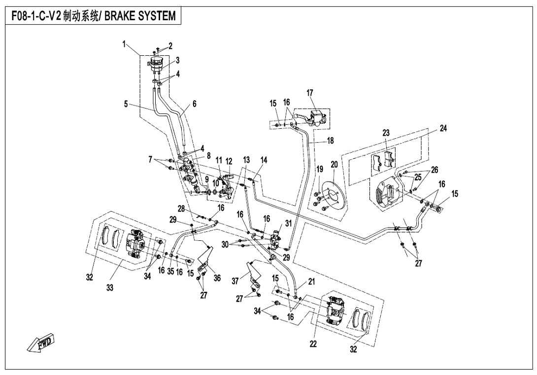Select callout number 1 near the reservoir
point(125,44)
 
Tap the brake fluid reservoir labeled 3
point(157,63)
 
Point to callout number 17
point(310,92)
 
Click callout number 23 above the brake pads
point(386,133)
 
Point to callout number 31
point(288,223)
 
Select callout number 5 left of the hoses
point(126,104)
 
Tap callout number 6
point(194,104)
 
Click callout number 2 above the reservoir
point(170,46)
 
